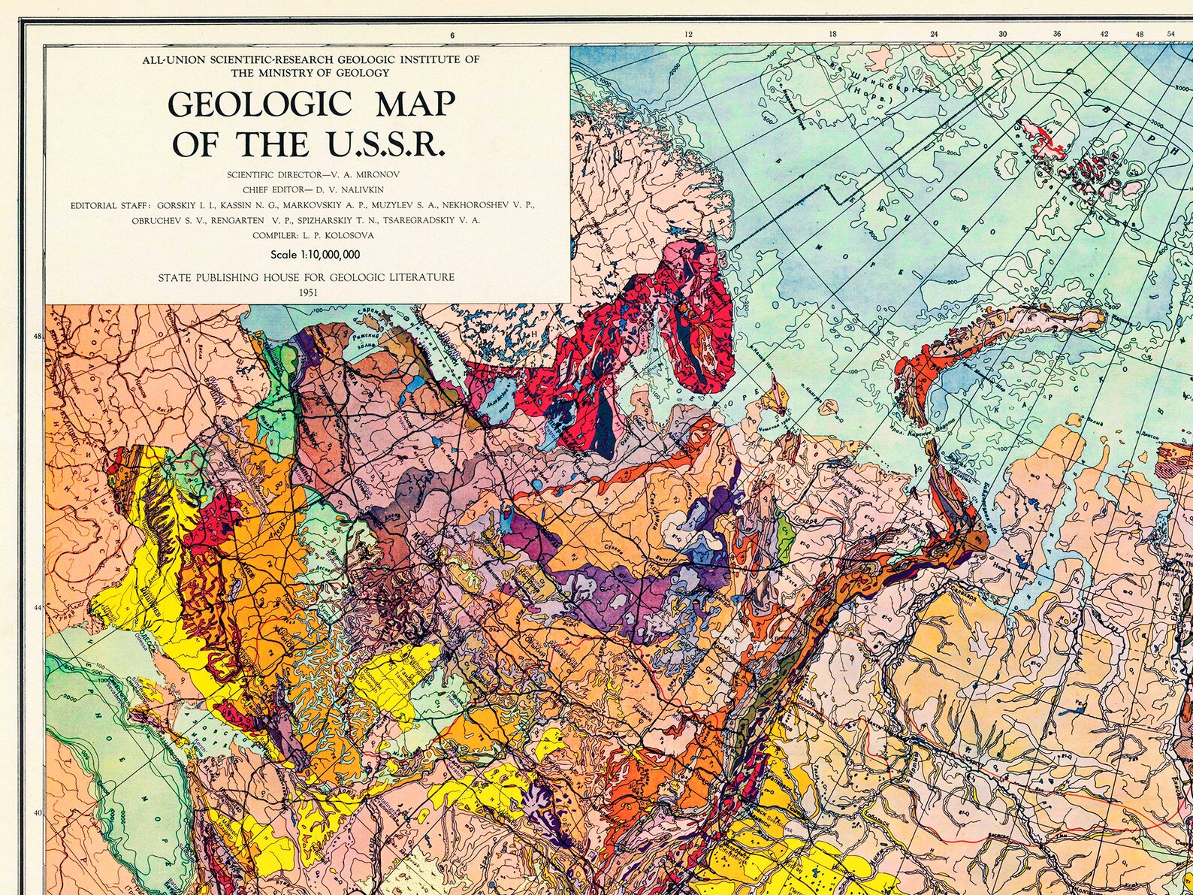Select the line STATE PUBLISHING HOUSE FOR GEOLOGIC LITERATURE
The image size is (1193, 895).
coord(306,277)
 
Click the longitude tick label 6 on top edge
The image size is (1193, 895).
coord(452,35)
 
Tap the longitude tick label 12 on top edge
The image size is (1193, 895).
coord(687,35)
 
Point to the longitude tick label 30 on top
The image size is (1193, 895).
coord(1002,35)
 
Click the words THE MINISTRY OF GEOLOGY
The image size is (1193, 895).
coord(310,73)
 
